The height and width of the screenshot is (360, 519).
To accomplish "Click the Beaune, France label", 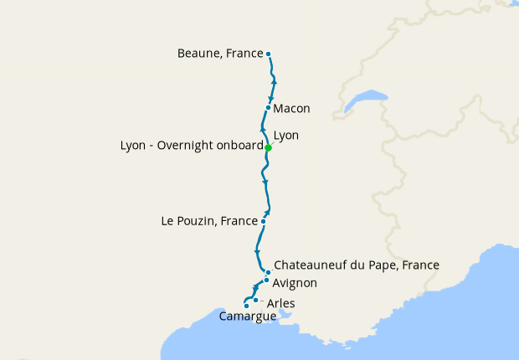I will click(x=219, y=54).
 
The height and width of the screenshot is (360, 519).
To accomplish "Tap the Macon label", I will click(x=291, y=109).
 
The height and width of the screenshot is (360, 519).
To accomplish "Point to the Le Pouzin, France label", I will click(x=208, y=222).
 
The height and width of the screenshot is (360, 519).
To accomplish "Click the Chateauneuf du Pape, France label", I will click(x=357, y=265).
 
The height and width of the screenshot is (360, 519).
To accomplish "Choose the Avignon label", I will click(x=295, y=284).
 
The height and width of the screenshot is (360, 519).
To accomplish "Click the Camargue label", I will click(x=247, y=316).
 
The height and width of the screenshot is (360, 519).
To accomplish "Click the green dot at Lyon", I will click(x=268, y=148).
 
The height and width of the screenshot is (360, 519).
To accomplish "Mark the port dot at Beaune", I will click(x=268, y=54).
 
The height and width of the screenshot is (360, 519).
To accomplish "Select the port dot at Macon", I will click(x=268, y=107).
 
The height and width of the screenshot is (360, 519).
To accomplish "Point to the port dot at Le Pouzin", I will click(x=263, y=222).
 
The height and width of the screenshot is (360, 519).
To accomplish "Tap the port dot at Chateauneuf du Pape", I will click(x=268, y=272).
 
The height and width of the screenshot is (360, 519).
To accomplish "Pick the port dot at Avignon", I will click(x=266, y=280).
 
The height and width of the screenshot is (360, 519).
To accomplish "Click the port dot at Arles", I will click(x=255, y=300).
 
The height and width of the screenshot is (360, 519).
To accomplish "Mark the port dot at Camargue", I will click(x=246, y=306).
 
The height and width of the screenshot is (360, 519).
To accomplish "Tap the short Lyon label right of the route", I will click(x=285, y=135).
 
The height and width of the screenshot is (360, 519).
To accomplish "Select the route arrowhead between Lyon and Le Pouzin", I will click(x=265, y=181).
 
